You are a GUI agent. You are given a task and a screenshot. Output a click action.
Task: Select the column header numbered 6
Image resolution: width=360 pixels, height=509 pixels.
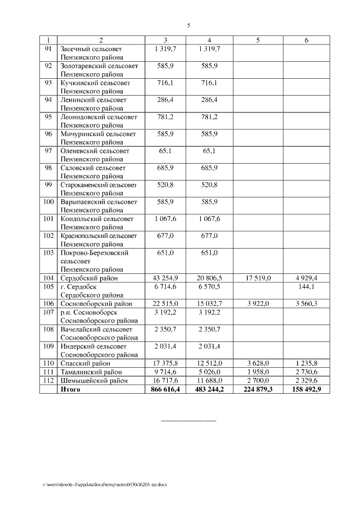pyautogui.click(x=307, y=40)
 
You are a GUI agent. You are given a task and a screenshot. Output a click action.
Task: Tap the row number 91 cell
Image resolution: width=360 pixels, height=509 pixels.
pyautogui.click(x=48, y=49)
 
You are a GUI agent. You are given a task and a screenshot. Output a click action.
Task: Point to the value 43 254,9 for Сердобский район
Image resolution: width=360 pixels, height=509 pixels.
pyautogui.click(x=165, y=278)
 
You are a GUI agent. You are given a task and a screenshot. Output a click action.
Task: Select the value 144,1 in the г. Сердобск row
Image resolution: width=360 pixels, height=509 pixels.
pyautogui.click(x=307, y=286)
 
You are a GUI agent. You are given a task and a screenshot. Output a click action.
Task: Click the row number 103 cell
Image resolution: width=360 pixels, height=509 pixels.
pyautogui.click(x=48, y=253)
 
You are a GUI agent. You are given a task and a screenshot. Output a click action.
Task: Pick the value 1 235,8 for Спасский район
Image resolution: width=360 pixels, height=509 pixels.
pyautogui.click(x=307, y=363)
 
